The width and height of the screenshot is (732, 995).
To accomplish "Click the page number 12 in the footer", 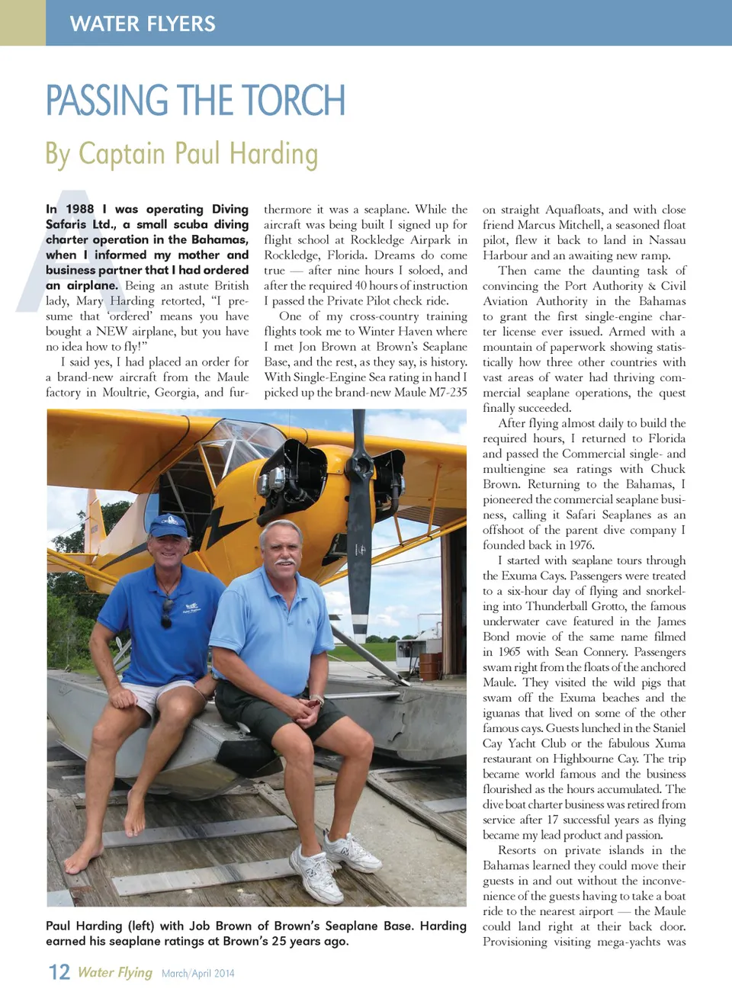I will (59, 972).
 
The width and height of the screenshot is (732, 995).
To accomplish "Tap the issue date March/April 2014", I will (198, 974).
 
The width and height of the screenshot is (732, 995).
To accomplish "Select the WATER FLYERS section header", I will (143, 24).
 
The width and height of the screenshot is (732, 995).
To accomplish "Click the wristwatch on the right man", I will (316, 699).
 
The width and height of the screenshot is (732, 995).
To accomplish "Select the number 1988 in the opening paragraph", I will (80, 210).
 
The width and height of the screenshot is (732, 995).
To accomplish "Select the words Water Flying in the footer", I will (115, 973).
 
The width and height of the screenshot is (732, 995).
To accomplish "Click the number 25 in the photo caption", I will (280, 942).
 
